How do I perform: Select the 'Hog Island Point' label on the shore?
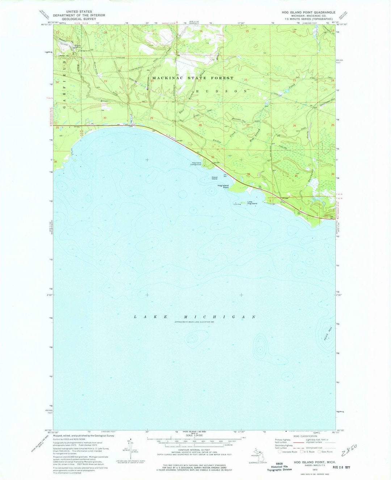click(223, 187)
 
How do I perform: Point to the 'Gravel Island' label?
click(217, 178)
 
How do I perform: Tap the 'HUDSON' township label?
click(221, 91)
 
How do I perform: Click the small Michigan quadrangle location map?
click(258, 452)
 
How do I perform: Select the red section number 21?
click(199, 80)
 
